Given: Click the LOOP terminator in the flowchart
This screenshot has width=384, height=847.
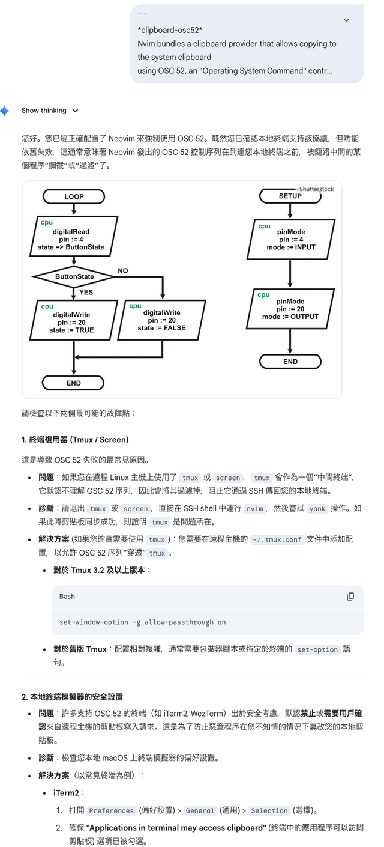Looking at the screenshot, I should [74, 196].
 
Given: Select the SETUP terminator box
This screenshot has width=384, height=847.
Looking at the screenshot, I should [290, 196].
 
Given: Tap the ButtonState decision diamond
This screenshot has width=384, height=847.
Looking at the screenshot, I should [74, 276].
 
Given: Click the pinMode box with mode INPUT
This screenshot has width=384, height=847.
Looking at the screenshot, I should [290, 239].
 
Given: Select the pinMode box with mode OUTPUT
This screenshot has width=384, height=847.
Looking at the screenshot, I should [290, 309].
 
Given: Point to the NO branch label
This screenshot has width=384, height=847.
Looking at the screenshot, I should [123, 271].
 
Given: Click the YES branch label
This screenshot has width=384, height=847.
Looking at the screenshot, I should [86, 293].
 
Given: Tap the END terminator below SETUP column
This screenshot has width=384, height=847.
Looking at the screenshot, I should [290, 362].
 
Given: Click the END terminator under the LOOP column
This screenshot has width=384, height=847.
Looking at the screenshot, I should [74, 383].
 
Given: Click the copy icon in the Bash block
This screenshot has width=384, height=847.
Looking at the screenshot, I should [350, 597].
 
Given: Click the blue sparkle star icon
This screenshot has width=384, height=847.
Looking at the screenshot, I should [5, 111].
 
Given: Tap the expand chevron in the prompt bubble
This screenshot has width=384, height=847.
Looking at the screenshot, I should [346, 20].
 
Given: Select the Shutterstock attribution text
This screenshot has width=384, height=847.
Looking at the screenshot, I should [316, 189].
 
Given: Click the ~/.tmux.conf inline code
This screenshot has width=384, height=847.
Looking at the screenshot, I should [277, 540].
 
